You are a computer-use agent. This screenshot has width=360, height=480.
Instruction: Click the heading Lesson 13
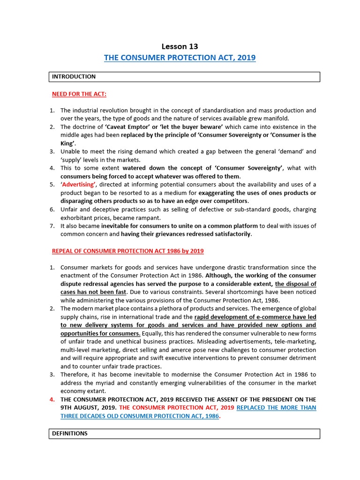click(180, 46)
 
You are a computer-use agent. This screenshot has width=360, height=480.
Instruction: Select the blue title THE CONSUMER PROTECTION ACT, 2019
click(180, 58)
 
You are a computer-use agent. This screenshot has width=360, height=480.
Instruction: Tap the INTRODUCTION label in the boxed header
click(74, 77)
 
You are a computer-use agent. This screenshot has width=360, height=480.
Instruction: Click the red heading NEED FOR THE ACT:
click(79, 94)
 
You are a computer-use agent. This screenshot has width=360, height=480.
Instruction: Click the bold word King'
click(68, 143)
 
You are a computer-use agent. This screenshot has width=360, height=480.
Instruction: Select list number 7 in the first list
click(52, 226)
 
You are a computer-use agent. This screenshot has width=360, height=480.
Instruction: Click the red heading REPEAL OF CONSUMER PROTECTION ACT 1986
click(127, 251)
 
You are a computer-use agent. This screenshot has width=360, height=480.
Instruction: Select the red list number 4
click(52, 399)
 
